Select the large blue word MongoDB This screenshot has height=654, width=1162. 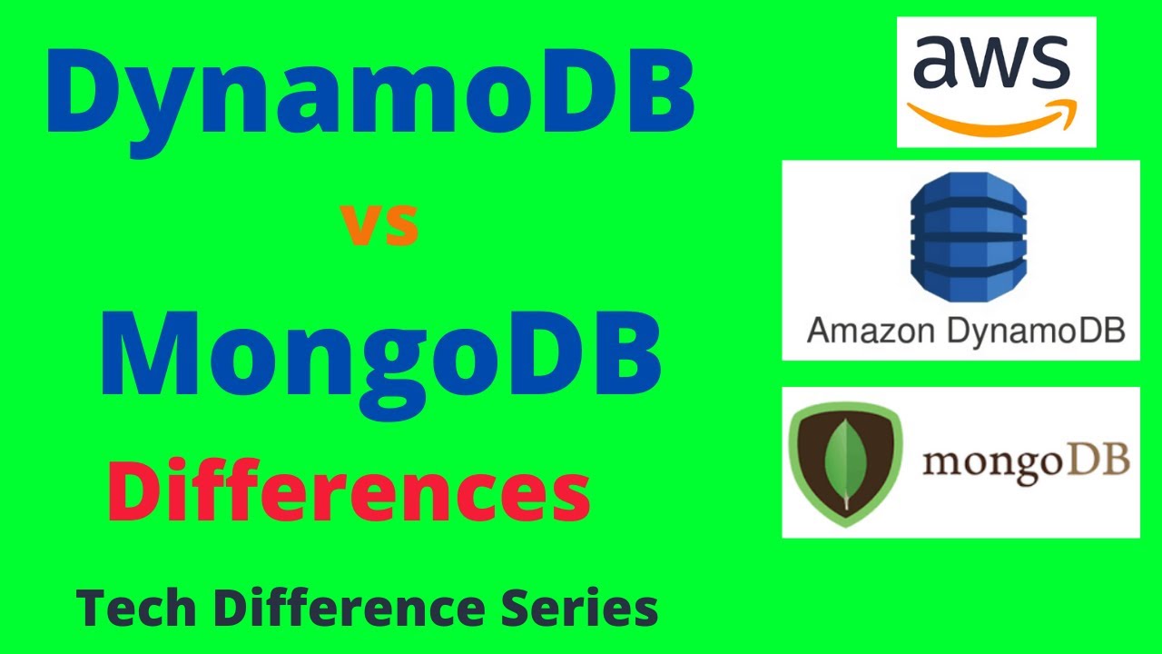[x=379, y=354]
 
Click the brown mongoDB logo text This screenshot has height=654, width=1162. [x=1025, y=462]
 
